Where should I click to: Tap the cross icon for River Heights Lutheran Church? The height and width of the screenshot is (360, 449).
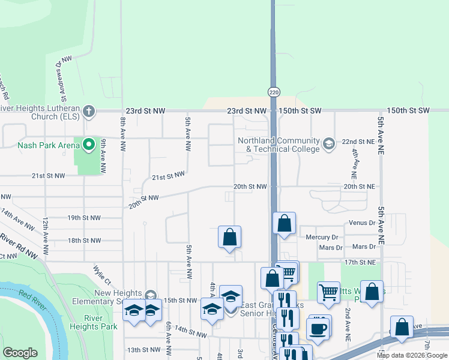(x=89, y=111)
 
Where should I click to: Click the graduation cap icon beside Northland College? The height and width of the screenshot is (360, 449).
(x=328, y=143)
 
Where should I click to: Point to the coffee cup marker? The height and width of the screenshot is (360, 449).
(x=318, y=329)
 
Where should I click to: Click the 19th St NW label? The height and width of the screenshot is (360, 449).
(x=84, y=218)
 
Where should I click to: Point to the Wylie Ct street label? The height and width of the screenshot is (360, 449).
(x=102, y=275)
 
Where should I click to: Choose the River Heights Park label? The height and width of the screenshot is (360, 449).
(x=100, y=322)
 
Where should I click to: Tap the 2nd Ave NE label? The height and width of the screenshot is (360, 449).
(x=348, y=325)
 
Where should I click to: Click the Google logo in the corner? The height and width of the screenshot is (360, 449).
(x=20, y=353)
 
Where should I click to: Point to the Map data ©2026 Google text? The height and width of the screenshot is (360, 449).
(x=412, y=355)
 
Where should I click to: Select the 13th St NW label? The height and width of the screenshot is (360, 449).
(x=143, y=350)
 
